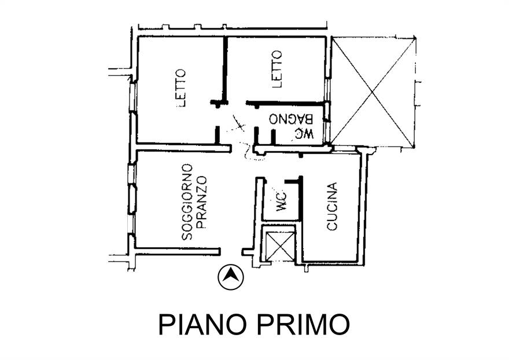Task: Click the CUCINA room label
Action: [332, 207]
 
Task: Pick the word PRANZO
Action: [201, 203]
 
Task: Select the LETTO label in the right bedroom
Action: [276, 68]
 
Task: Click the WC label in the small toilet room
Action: [281, 200]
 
